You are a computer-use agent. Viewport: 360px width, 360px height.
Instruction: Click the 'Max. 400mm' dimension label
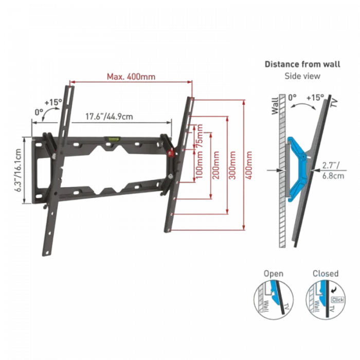tap(131, 77)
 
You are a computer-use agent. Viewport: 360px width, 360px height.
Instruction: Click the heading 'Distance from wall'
tap(295, 65)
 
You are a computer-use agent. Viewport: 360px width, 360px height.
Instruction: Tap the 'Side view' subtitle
tap(295, 76)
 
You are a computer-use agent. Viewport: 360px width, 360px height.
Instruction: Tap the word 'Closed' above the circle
tap(323, 274)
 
